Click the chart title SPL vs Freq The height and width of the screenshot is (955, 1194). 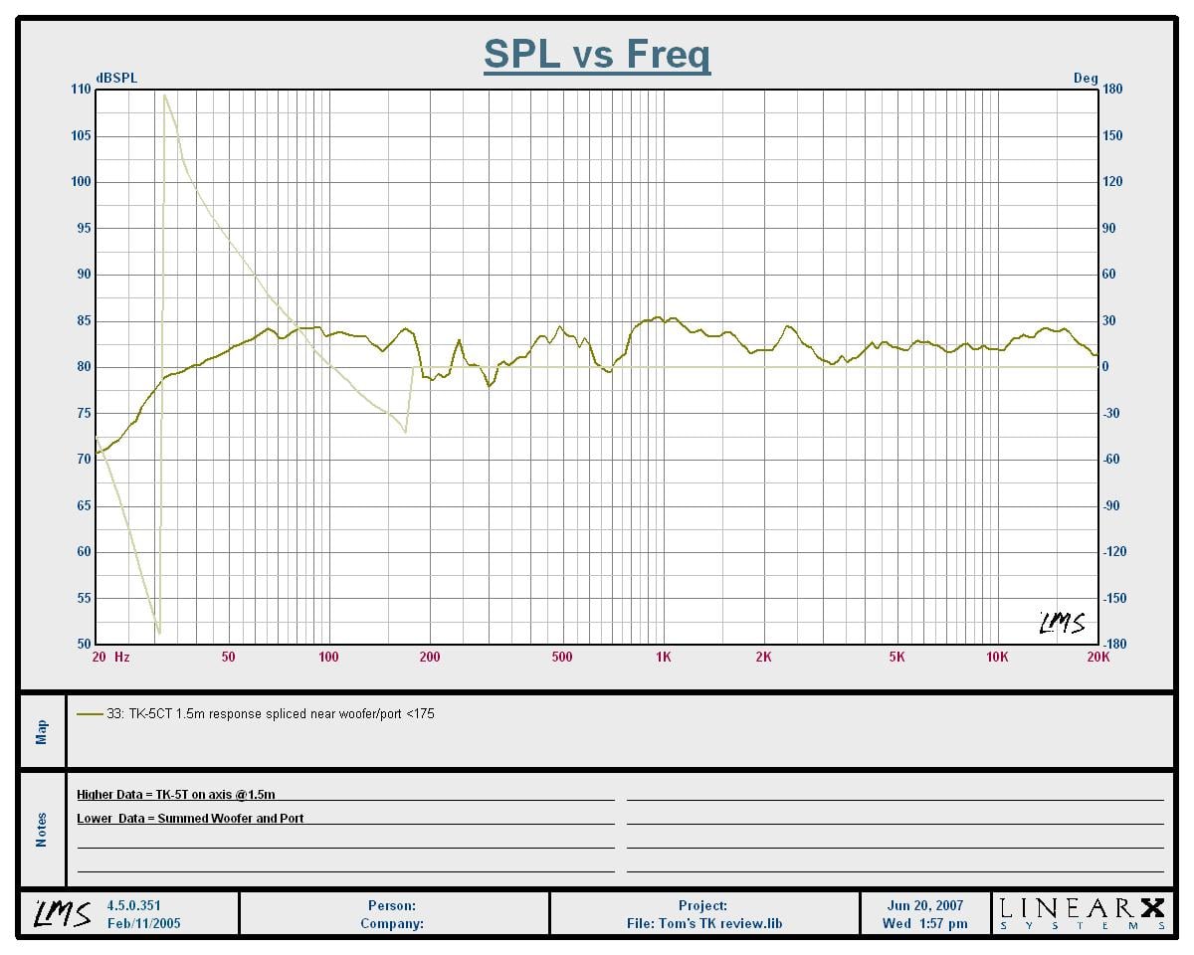[596, 54]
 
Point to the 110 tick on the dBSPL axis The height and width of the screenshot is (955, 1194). [81, 89]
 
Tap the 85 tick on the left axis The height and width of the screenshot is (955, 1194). [84, 320]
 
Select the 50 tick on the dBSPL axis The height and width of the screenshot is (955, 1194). [84, 644]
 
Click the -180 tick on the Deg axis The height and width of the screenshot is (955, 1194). [1113, 644]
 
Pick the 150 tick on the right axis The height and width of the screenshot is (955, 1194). [1111, 135]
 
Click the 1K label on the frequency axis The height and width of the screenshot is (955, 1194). [663, 657]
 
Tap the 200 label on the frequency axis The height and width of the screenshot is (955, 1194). [430, 657]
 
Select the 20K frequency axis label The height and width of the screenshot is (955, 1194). [1098, 657]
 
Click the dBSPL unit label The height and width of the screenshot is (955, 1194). [116, 79]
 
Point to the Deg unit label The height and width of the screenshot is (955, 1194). [1086, 79]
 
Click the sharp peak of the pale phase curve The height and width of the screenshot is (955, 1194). [164, 95]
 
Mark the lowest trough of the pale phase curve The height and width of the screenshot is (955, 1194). [159, 633]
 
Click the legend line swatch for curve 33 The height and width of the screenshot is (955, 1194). [90, 714]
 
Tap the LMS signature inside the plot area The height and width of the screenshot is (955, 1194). [1062, 624]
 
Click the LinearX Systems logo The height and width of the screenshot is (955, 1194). [1083, 914]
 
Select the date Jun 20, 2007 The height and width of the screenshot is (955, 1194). [925, 905]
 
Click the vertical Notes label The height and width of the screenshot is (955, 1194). [42, 830]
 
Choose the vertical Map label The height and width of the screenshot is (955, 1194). [42, 732]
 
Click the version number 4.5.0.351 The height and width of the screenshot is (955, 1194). [133, 905]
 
